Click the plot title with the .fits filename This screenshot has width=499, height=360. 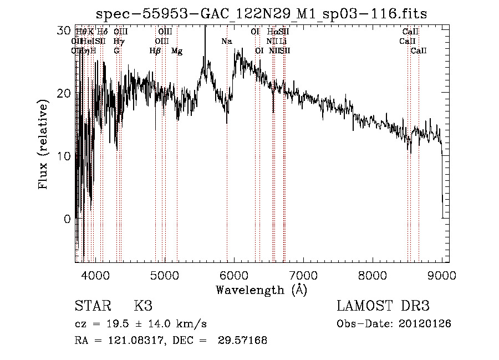261,13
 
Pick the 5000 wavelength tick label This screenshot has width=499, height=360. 165,274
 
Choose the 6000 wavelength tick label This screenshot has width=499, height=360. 234,274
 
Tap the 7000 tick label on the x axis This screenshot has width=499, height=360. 303,274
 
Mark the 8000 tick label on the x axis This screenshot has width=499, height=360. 373,274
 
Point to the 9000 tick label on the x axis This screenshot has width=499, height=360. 442,274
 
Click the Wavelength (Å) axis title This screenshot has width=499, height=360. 261,290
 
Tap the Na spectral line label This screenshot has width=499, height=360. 226,41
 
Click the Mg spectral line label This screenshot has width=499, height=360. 177,51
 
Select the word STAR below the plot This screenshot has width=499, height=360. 93,307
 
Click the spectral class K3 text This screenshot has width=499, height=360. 142,307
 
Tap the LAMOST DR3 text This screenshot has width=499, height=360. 383,307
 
